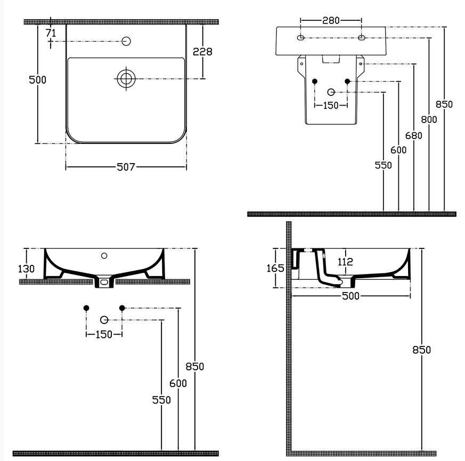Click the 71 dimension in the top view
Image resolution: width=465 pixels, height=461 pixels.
click(51, 33)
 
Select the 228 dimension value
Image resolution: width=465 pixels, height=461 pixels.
click(202, 52)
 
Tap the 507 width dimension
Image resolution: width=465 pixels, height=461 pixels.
click(126, 167)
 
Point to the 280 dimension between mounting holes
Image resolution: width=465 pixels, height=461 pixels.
click(331, 20)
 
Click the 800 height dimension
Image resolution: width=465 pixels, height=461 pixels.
click(429, 119)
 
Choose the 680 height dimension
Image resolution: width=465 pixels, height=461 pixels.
click(414, 135)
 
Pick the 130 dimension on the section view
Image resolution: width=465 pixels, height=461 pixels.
click(26, 269)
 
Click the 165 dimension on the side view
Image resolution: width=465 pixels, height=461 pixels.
click(275, 268)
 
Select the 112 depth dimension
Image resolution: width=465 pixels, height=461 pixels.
click(346, 262)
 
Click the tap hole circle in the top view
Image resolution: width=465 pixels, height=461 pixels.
click(126, 41)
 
